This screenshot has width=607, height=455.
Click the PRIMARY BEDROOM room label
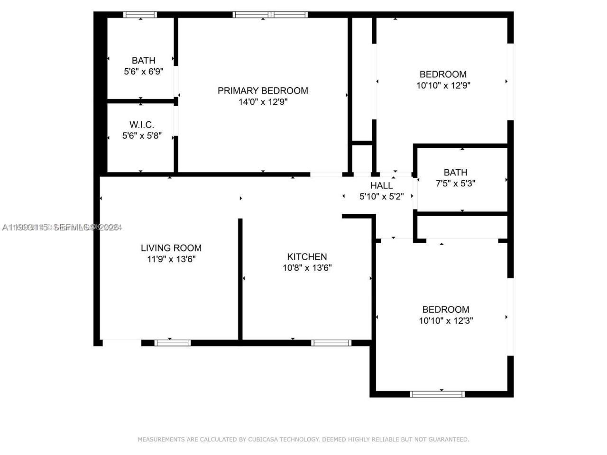[x=263, y=91]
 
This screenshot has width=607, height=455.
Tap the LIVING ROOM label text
[x=171, y=248]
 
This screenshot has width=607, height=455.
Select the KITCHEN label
[x=307, y=256]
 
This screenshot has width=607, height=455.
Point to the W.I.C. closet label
[x=142, y=125]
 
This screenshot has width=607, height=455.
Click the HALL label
[x=381, y=185]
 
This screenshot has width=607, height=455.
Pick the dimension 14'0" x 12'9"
[x=263, y=102]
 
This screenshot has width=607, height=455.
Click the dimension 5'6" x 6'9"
[x=143, y=72]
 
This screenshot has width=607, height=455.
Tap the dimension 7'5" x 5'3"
[x=455, y=183]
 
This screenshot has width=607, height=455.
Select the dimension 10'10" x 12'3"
[x=446, y=321]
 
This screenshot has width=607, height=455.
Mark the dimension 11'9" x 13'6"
[x=171, y=259]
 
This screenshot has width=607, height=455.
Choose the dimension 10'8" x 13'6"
[x=307, y=268]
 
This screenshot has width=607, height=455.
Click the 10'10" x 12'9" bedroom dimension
[x=443, y=86]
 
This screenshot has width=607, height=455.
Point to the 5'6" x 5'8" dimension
[x=142, y=136]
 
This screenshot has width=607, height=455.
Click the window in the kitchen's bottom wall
[x=331, y=343]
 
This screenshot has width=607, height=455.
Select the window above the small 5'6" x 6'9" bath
[x=140, y=15]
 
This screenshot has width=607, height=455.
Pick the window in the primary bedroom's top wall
[x=270, y=15]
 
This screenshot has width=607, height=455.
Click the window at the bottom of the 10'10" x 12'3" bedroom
[x=437, y=394]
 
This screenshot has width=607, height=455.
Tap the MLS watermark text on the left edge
[x=62, y=227]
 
